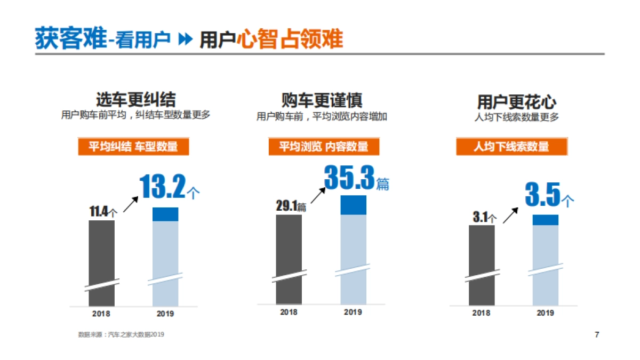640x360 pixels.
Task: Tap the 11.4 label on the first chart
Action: [x=99, y=212]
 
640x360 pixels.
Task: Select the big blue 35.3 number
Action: [x=349, y=178]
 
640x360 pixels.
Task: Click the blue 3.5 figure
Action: [x=542, y=195]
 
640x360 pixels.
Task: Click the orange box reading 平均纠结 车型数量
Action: [x=133, y=147]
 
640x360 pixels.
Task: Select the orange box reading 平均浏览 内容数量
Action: [x=324, y=147]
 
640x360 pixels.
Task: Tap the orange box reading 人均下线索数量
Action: [x=511, y=147]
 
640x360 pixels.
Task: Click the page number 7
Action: [x=597, y=334]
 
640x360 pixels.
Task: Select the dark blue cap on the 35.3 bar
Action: [x=354, y=205]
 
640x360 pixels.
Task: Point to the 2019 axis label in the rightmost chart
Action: [x=545, y=313]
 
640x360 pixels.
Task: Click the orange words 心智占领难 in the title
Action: [x=290, y=39]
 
